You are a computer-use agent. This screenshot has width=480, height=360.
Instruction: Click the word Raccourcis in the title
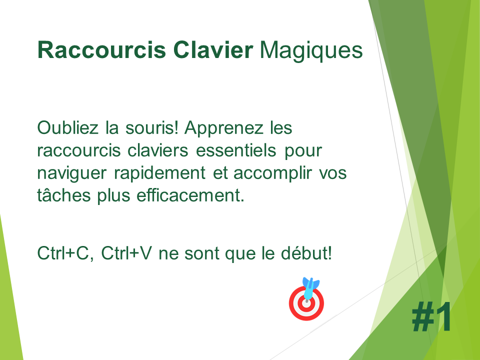pos(101,50)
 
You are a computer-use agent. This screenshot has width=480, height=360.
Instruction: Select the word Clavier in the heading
pos(213,50)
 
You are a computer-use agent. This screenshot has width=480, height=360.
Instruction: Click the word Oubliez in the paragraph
pos(67,127)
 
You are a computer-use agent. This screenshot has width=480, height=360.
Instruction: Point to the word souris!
pos(151,127)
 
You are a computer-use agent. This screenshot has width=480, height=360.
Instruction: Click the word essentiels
pos(236,150)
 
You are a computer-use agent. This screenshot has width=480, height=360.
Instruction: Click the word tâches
pos(64,195)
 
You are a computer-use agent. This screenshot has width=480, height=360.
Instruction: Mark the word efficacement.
pos(190,195)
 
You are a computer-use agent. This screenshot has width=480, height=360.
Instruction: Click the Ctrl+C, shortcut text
pos(65,253)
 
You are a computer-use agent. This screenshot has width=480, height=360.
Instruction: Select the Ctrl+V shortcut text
pos(126,253)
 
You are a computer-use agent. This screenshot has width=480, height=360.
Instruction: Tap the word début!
pos(306,253)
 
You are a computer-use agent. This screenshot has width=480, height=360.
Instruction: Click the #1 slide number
pos(431,316)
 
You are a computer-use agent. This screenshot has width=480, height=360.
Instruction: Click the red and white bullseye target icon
pos(306,303)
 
